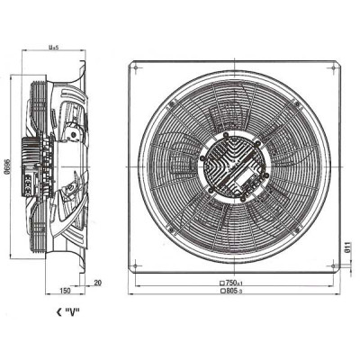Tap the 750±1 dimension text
(x=236, y=283)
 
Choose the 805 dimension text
(x=236, y=293)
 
